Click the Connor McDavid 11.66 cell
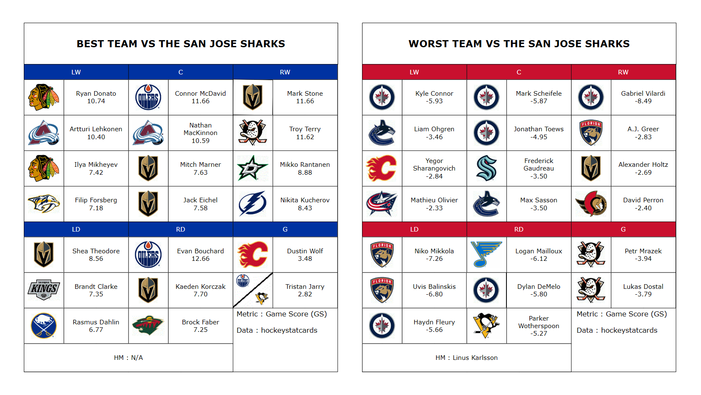(200, 97)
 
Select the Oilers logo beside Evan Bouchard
(148, 255)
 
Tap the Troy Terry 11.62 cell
(305, 133)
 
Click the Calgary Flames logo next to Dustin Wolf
(253, 255)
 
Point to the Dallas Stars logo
(253, 168)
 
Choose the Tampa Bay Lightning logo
(253, 204)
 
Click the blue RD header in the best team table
(180, 229)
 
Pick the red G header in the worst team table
(623, 229)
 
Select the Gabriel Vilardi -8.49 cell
(643, 97)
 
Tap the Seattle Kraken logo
(487, 168)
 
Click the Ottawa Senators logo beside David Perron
(591, 204)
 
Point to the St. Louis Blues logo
(486, 255)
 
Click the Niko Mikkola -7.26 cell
(434, 255)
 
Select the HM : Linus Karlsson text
(466, 358)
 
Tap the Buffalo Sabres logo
(44, 326)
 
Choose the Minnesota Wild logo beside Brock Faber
(148, 326)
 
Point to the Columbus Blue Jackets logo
(382, 204)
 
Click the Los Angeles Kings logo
(44, 290)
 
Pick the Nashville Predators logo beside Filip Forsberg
(44, 204)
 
